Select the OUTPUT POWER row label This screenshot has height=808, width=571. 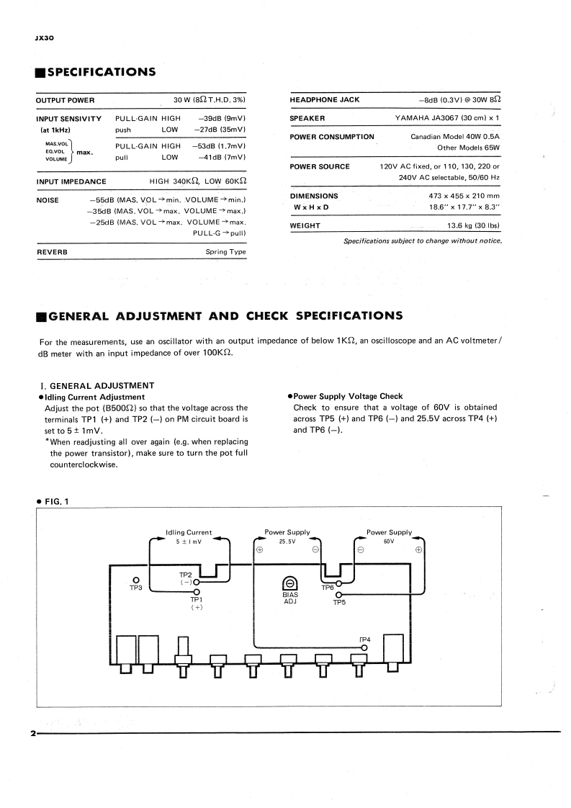point(66,99)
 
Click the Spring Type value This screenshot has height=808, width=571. point(226,252)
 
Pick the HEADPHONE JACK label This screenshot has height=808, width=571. point(324,99)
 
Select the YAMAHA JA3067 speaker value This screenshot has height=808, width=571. point(447,118)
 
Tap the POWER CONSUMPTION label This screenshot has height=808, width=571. point(332,137)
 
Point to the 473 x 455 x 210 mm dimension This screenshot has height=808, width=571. point(464,196)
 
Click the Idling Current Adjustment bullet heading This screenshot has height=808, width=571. point(94,397)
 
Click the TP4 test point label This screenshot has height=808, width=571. point(364,639)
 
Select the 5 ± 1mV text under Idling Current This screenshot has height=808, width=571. point(189,542)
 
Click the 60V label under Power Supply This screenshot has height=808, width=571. point(389,542)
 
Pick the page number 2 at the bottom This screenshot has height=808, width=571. point(33,734)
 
